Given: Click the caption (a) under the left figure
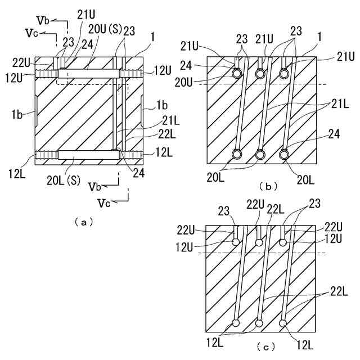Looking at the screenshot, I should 84,222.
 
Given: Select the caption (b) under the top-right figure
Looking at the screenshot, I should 267,186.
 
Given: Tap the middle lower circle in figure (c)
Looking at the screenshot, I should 259,323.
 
